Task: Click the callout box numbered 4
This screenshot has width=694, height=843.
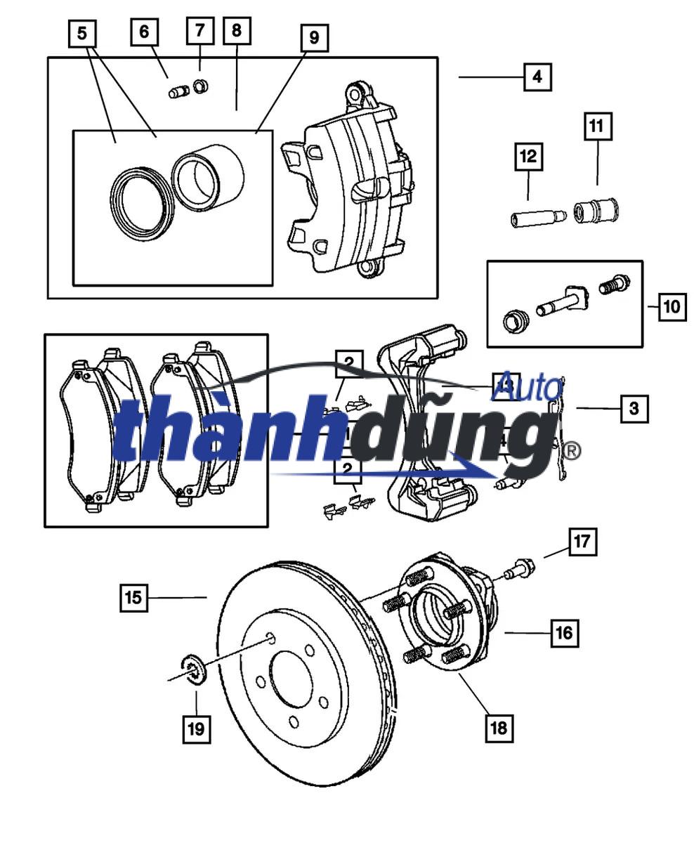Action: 537,77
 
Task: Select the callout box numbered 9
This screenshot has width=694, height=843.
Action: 313,38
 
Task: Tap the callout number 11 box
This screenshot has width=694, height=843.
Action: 596,126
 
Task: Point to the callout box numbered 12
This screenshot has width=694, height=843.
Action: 528,157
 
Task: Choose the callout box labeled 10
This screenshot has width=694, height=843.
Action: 672,306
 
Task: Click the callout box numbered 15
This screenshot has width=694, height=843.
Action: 133,598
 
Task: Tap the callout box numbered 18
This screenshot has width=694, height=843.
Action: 498,727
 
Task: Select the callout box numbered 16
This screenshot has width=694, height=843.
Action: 564,633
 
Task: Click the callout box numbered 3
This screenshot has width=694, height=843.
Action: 634,408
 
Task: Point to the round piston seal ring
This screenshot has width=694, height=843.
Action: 141,205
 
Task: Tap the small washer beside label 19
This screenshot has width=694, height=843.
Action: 192,667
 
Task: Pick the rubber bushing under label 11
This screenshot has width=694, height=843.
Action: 596,210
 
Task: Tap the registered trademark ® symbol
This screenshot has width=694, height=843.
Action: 572,450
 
